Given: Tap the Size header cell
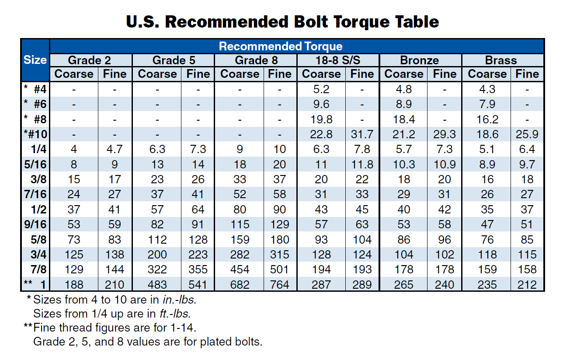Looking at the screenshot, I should (35, 60).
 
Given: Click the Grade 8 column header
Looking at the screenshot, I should (256, 60).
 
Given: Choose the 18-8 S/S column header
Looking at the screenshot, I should (338, 60).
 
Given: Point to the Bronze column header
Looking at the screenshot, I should (419, 60).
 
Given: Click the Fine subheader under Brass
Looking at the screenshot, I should (527, 74).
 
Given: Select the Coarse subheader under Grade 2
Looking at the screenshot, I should (74, 74).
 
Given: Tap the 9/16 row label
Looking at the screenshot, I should (36, 224).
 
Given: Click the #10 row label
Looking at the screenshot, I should (36, 134).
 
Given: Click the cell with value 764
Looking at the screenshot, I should (280, 285).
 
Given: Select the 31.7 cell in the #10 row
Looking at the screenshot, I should (362, 134).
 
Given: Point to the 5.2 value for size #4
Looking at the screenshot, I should (321, 89).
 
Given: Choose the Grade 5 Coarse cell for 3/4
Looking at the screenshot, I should (157, 255).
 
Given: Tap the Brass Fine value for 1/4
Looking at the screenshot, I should (527, 149).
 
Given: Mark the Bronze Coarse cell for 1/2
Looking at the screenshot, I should (404, 210).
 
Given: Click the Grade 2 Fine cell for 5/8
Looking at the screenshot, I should (115, 240).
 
